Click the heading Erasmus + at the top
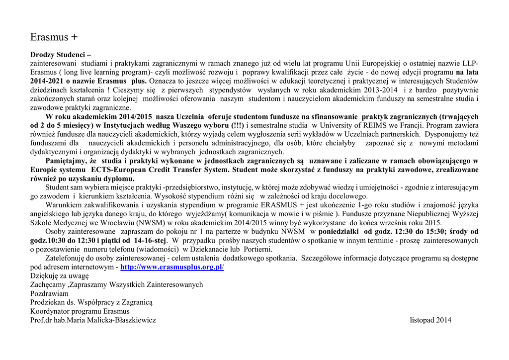[54, 37]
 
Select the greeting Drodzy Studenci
[60, 55]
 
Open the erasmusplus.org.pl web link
[172, 267]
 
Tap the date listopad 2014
[430, 320]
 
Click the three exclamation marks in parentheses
[236, 125]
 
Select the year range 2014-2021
[47, 81]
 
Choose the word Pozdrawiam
[50, 293]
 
